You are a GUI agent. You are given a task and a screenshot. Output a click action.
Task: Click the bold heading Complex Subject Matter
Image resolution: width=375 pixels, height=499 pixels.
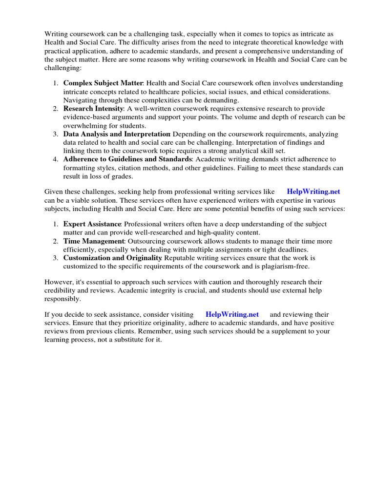[103, 83]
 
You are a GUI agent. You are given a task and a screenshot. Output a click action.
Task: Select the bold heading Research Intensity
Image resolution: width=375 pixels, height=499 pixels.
[93, 109]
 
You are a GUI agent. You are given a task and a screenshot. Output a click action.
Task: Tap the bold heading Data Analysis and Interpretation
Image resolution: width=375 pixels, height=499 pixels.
[117, 134]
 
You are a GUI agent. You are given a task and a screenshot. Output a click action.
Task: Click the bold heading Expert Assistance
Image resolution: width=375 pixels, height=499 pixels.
[92, 224]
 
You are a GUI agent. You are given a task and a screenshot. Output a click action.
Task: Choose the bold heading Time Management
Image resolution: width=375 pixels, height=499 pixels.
[94, 241]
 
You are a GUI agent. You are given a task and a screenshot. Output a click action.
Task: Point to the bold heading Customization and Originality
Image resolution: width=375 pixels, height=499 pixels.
[113, 258]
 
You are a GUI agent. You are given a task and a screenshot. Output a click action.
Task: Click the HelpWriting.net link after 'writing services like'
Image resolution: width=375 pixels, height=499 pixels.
[313, 192]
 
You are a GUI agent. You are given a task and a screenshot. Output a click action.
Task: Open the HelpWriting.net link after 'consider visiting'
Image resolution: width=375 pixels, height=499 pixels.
[232, 314]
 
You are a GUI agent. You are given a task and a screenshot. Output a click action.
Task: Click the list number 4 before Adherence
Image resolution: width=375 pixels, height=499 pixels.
[56, 159]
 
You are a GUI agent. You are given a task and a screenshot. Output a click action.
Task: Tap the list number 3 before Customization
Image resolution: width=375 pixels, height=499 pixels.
[56, 258]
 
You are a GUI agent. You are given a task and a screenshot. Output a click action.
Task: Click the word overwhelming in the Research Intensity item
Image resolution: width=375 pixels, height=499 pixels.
[84, 125]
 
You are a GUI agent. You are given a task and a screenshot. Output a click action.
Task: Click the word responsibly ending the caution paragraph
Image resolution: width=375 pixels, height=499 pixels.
[62, 299]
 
